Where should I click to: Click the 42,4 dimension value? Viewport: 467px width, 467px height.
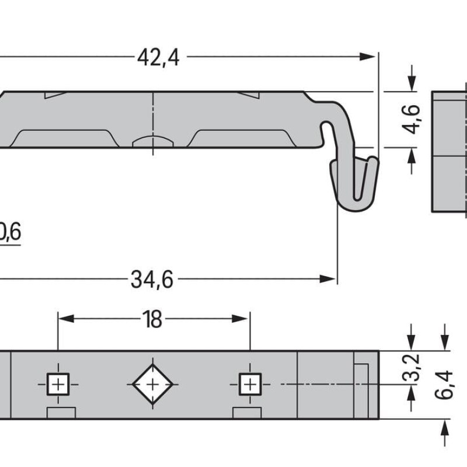[x=158, y=57]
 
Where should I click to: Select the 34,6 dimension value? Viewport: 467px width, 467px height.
[x=152, y=280]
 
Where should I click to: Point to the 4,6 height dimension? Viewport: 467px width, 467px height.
[x=413, y=119]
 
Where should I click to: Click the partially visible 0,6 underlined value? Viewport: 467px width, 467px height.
[x=10, y=233]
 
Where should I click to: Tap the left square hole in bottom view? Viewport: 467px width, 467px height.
[x=57, y=384]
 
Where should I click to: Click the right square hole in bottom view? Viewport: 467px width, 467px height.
[x=249, y=384]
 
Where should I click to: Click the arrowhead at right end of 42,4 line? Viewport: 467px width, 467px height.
[x=368, y=57]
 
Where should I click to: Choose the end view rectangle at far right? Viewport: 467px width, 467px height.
[x=449, y=152]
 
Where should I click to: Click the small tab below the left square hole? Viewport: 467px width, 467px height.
[x=61, y=413]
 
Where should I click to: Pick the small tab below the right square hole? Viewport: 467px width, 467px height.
[x=246, y=413]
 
